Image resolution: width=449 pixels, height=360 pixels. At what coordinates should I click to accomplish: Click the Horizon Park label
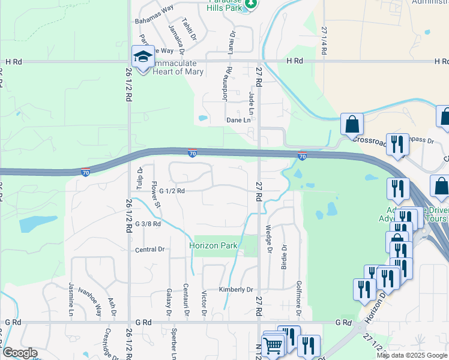point(213,245)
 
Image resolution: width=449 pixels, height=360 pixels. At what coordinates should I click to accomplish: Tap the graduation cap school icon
point(143,57)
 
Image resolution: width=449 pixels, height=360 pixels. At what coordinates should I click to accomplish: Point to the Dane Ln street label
point(238,120)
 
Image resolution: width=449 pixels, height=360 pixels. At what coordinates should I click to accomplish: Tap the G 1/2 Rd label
point(172,191)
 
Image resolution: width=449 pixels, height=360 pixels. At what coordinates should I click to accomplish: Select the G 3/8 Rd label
point(148,224)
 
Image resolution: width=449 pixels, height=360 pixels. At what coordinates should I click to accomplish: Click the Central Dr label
point(149,250)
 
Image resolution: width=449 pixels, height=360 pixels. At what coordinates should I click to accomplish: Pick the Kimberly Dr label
point(236,289)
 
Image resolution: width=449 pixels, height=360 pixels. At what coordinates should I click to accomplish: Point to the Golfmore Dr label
point(299,300)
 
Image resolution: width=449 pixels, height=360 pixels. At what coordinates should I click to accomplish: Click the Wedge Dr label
point(268,239)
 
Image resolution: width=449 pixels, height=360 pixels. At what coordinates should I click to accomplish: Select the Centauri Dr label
point(186,299)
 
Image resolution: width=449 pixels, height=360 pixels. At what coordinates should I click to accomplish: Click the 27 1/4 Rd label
point(324,41)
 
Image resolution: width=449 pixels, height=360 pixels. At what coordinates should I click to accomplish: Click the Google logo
point(20,353)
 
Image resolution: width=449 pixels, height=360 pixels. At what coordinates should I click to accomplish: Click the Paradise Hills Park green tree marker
point(252,4)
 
